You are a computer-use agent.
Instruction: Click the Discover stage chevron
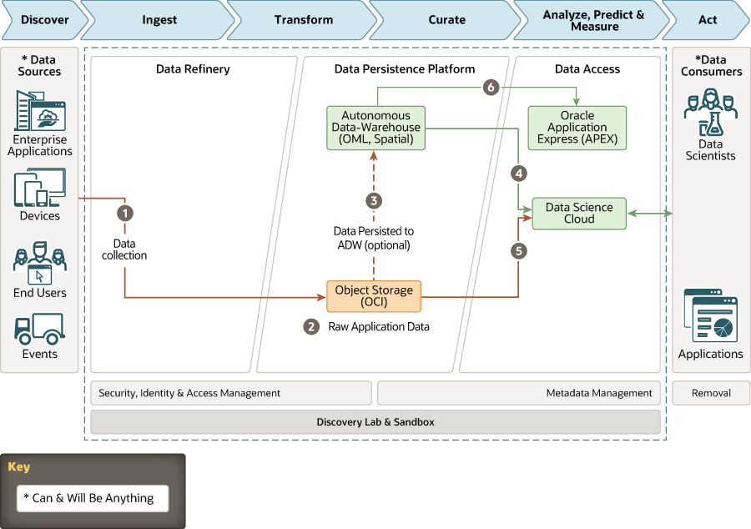tap(42, 20)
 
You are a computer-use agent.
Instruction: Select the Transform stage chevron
tap(303, 20)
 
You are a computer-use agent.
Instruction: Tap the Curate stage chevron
tap(446, 20)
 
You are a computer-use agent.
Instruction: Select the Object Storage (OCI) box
tap(374, 296)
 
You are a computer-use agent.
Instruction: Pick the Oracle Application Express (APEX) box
tap(577, 128)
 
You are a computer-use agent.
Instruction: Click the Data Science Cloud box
tap(579, 214)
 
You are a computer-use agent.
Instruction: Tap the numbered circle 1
tap(125, 213)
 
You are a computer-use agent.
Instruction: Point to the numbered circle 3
tap(374, 200)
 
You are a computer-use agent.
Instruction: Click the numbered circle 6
tap(491, 87)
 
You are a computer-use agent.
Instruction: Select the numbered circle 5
tap(519, 250)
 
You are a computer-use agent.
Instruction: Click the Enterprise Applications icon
tap(40, 110)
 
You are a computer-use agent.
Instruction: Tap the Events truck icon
tap(40, 329)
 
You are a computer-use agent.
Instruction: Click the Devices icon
tap(40, 188)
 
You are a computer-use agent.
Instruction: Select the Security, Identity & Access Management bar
tap(230, 393)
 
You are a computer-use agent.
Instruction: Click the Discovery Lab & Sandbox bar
tap(375, 422)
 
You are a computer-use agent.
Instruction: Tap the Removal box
tap(711, 393)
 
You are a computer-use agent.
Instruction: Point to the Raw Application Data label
tap(378, 327)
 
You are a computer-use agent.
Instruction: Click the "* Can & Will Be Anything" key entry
tap(93, 498)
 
